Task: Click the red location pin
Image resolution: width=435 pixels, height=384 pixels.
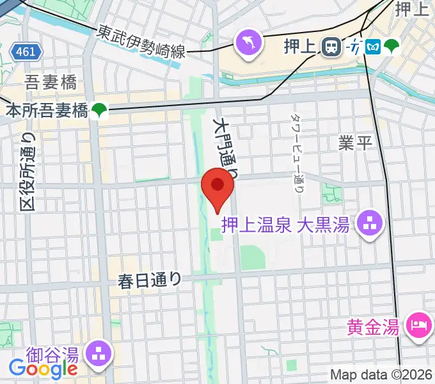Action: (217, 187)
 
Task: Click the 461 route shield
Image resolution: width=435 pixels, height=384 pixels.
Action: (26, 51)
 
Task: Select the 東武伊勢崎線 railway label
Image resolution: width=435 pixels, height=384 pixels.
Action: (141, 42)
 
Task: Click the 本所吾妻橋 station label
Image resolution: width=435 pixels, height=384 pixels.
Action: (46, 111)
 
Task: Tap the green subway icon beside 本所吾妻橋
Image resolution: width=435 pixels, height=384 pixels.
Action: (99, 111)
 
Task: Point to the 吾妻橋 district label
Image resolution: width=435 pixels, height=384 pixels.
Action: (51, 83)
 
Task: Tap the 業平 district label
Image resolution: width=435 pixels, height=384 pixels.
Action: (355, 142)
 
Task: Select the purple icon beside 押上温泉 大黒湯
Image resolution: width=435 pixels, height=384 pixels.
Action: (370, 225)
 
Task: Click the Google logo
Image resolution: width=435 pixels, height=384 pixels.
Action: (43, 368)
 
